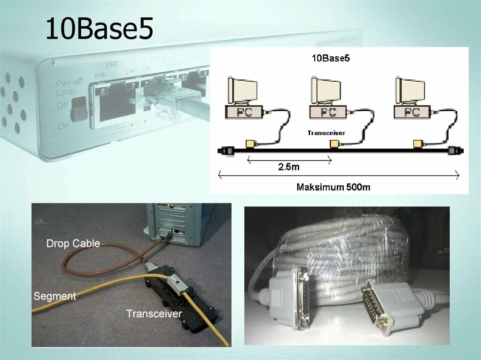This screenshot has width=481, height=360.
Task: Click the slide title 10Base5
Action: pos(99,29)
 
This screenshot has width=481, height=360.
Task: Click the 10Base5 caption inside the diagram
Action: pos(331,59)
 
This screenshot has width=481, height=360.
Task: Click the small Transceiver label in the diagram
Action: pos(326,133)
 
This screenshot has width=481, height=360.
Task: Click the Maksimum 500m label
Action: pos(334,187)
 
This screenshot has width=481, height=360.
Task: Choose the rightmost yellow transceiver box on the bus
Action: pos(418,143)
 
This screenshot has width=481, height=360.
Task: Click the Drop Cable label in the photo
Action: pos(73,243)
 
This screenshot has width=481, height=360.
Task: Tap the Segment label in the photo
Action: pos(54,296)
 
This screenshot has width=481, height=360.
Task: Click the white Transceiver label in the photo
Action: pos(154,313)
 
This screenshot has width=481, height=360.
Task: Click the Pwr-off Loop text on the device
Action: pos(69,87)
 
